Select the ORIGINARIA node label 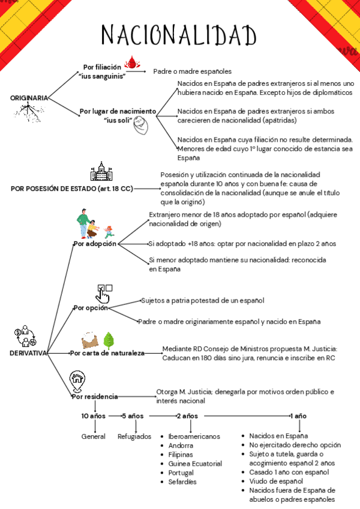pos(29,97)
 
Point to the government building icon pos(101,172)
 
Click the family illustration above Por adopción pos(94,224)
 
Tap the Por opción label pos(90,308)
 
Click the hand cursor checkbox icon pos(104,292)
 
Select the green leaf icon pos(109,340)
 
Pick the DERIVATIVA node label pos(29,353)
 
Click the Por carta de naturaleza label pos(107,353)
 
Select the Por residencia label pos(95,397)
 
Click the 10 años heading pos(94,415)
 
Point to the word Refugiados pos(134,436)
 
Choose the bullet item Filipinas pos(181,454)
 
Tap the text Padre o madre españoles pos(192,71)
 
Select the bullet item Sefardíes pos(182,481)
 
